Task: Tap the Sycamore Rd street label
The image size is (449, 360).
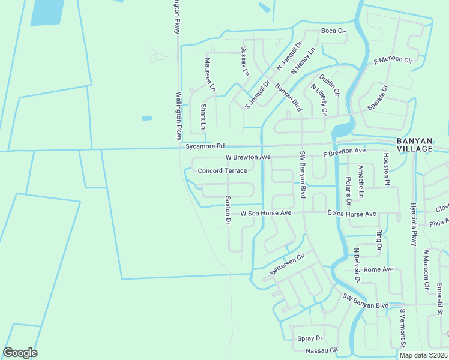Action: pyautogui.click(x=205, y=146)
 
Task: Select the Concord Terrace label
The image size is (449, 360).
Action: pyautogui.click(x=223, y=171)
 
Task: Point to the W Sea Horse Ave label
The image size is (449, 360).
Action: pyautogui.click(x=265, y=213)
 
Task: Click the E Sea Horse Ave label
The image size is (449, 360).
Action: pyautogui.click(x=352, y=214)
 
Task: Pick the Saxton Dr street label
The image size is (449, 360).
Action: pyautogui.click(x=228, y=210)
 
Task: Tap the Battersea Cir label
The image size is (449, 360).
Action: pyautogui.click(x=288, y=263)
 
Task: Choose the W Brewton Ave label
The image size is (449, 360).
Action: pyautogui.click(x=248, y=157)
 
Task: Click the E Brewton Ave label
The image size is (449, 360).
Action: pyautogui.click(x=344, y=153)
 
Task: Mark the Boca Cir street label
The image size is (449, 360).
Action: pyautogui.click(x=334, y=31)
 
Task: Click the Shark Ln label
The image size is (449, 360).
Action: pyautogui.click(x=203, y=117)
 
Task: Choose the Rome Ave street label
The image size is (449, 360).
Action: pyautogui.click(x=378, y=269)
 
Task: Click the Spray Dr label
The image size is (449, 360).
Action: pyautogui.click(x=310, y=338)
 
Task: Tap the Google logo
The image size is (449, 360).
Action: pyautogui.click(x=20, y=353)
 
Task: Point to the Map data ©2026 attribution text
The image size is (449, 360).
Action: pyautogui.click(x=423, y=355)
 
